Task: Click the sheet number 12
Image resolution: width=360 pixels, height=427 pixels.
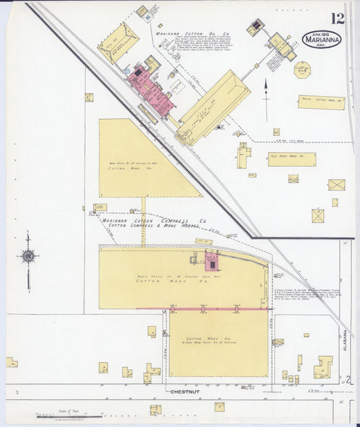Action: (x=338, y=18)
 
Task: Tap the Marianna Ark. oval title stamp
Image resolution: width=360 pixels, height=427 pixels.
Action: (x=322, y=39)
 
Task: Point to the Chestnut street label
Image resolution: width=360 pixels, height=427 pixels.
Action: (x=183, y=391)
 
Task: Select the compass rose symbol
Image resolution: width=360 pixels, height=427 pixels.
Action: (x=28, y=256)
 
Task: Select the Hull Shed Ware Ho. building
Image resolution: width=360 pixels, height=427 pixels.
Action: (x=292, y=159)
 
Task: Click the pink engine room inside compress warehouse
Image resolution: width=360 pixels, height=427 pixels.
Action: (x=211, y=261)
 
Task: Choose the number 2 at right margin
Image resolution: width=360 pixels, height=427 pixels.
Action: (x=349, y=380)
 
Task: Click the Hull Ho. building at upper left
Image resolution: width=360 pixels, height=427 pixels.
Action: (x=118, y=42)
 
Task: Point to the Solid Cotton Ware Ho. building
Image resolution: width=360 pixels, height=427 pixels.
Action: (x=322, y=103)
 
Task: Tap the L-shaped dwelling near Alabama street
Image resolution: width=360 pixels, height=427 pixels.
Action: (x=323, y=368)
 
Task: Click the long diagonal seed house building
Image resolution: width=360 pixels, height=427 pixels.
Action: (x=213, y=107)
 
